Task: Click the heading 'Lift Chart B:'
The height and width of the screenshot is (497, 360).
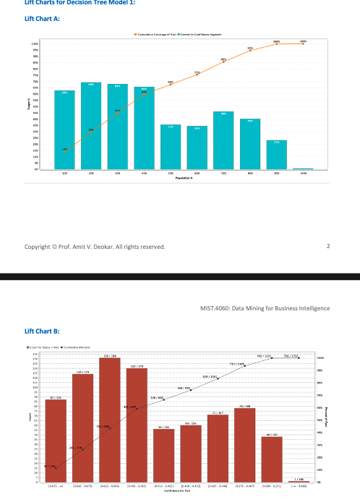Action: (42, 331)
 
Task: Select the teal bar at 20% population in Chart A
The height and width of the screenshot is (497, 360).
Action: (91, 127)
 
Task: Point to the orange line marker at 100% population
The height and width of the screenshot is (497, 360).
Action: (303, 44)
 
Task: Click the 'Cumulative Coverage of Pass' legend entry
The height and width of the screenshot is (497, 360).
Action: (155, 34)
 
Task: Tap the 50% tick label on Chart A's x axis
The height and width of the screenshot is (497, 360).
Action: (171, 174)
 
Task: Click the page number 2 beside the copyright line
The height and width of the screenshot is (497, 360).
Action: (327, 247)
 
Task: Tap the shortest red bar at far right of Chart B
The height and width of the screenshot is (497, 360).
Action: (298, 481)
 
